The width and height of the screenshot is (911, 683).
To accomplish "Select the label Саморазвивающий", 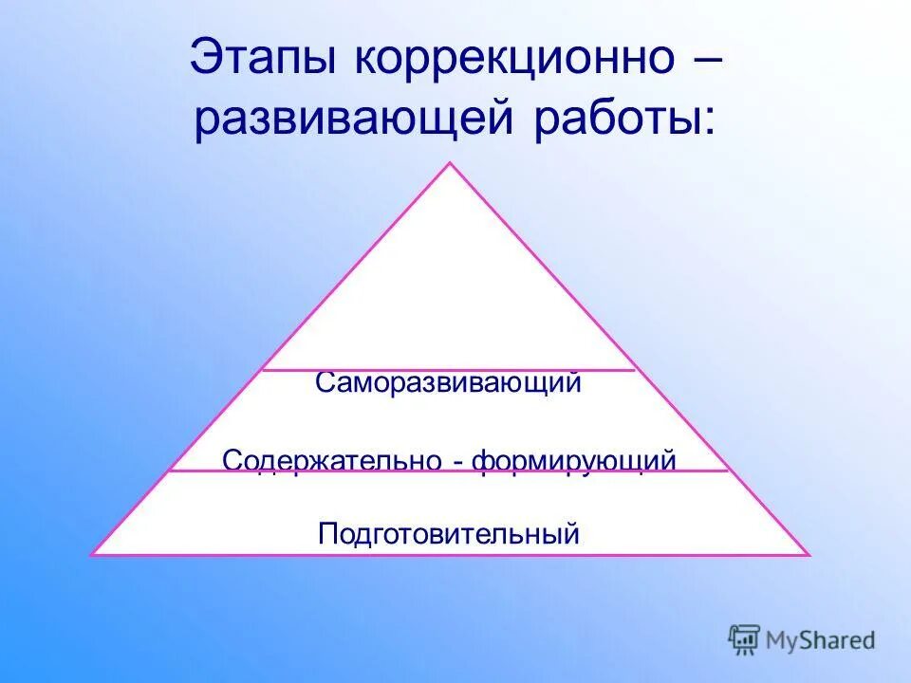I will [448, 383].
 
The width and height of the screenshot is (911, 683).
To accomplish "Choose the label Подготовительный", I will [448, 534].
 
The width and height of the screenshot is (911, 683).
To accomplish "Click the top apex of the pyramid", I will [451, 163].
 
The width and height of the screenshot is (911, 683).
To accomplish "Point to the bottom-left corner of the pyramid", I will [93, 554].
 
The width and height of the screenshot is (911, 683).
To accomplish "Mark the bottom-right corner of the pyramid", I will [809, 554].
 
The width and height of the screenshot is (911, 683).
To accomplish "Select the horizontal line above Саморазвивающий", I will [448, 370].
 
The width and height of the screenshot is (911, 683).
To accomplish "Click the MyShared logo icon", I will [744, 639].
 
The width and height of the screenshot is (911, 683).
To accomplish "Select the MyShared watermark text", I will [822, 641].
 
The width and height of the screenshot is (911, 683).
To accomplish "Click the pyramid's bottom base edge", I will [451, 555].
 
